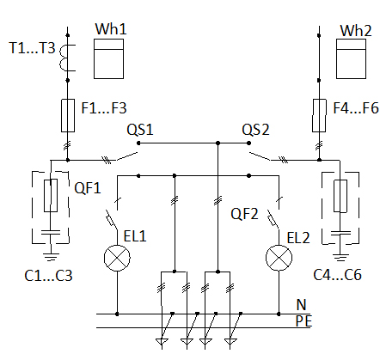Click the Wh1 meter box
click(x=109, y=58)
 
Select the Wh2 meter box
click(x=351, y=58)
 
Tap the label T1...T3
click(x=32, y=48)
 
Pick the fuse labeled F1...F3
click(x=68, y=115)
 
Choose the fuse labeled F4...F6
click(x=319, y=115)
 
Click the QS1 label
click(x=140, y=130)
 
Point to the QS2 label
click(x=255, y=130)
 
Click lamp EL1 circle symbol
click(x=117, y=258)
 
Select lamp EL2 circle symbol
click(x=279, y=258)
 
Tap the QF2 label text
click(x=244, y=214)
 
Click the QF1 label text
click(x=88, y=188)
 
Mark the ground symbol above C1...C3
click(x=51, y=257)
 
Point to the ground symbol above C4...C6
click(x=340, y=257)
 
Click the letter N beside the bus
click(x=301, y=304)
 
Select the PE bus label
click(x=303, y=321)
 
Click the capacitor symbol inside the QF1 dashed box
click(x=51, y=232)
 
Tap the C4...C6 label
click(x=337, y=275)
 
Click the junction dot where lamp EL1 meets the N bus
click(x=117, y=314)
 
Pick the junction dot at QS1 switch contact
click(x=138, y=143)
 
